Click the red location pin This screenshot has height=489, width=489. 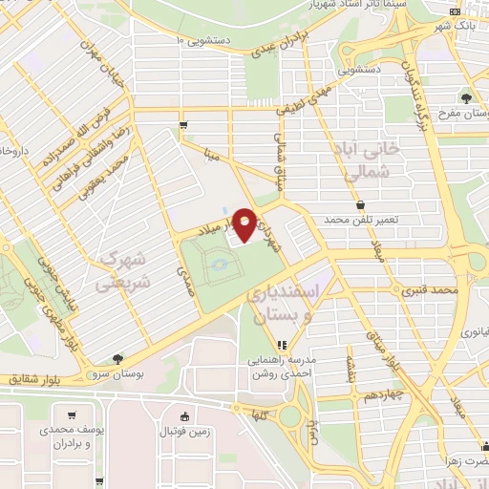coord(244,224)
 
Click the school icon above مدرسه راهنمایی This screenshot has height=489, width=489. coord(281,345)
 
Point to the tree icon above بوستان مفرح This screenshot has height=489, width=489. coord(466,97)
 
